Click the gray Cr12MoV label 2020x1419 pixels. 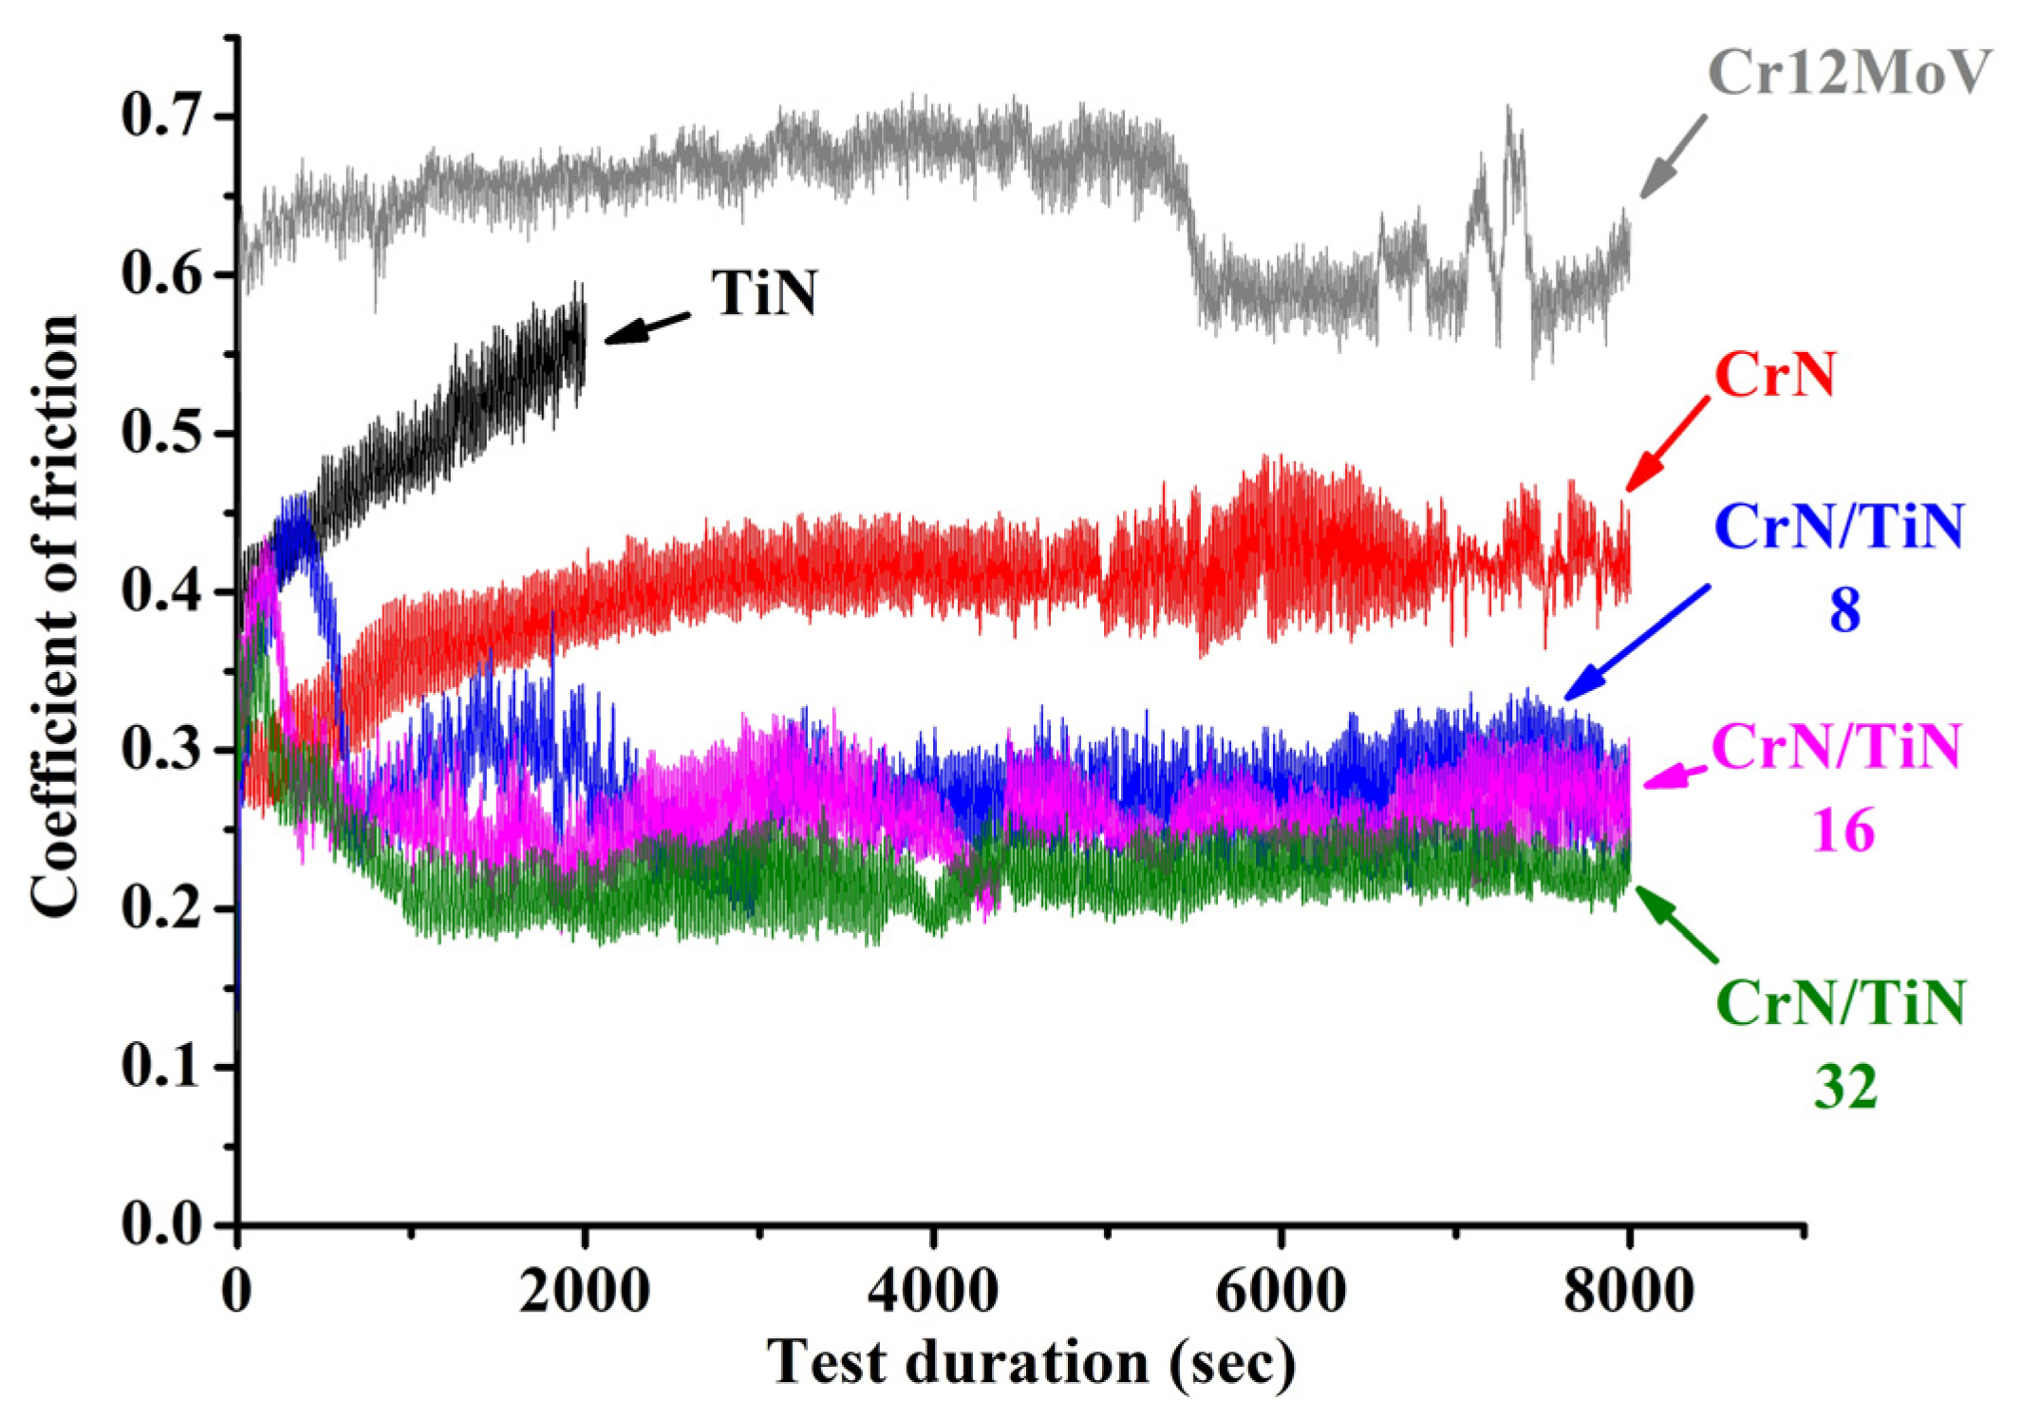[1847, 73]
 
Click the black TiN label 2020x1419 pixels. [765, 293]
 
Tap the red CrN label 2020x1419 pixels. [1775, 375]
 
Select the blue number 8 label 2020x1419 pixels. [1844, 610]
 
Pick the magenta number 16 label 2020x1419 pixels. [1844, 831]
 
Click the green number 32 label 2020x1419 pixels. [1845, 1087]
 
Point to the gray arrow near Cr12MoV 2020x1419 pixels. [1673, 157]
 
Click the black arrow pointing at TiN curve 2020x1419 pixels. [647, 327]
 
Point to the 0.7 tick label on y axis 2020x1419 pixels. [163, 117]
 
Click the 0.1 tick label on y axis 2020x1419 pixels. [163, 1067]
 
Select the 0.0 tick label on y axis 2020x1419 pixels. [163, 1225]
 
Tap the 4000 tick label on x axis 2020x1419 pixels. [933, 1292]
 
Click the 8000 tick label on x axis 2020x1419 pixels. [1629, 1292]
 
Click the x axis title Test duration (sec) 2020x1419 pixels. [1031, 1364]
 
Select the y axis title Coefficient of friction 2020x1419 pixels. [54, 617]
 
